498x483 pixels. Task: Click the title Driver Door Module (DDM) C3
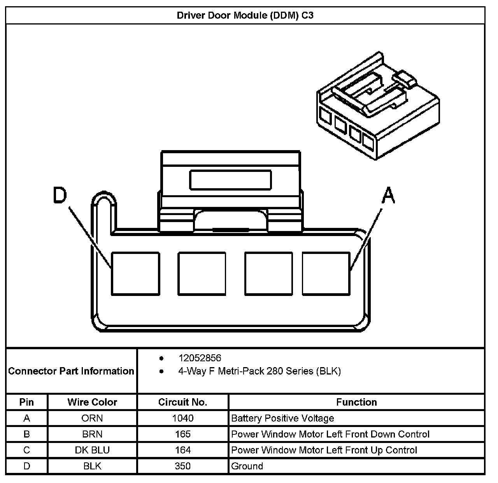(x=245, y=16)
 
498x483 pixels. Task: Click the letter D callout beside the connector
(x=60, y=195)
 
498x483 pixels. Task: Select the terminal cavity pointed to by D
(x=135, y=273)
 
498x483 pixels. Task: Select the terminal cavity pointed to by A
(x=326, y=273)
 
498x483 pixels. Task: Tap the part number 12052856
(x=200, y=358)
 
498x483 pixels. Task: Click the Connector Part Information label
(x=71, y=371)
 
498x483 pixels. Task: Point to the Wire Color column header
(x=92, y=402)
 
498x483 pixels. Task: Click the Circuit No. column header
(x=183, y=402)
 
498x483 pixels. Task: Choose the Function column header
(x=356, y=402)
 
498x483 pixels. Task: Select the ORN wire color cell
(x=92, y=418)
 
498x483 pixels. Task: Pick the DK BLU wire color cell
(x=92, y=450)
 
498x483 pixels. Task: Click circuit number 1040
(x=183, y=418)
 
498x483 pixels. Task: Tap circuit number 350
(x=183, y=466)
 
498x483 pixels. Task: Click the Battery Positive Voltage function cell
(x=282, y=418)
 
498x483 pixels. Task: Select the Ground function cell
(x=247, y=466)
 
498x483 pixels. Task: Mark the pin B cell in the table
(x=26, y=434)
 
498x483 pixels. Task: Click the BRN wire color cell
(x=92, y=434)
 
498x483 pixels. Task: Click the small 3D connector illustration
(x=377, y=107)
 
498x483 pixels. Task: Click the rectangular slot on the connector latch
(x=230, y=180)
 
